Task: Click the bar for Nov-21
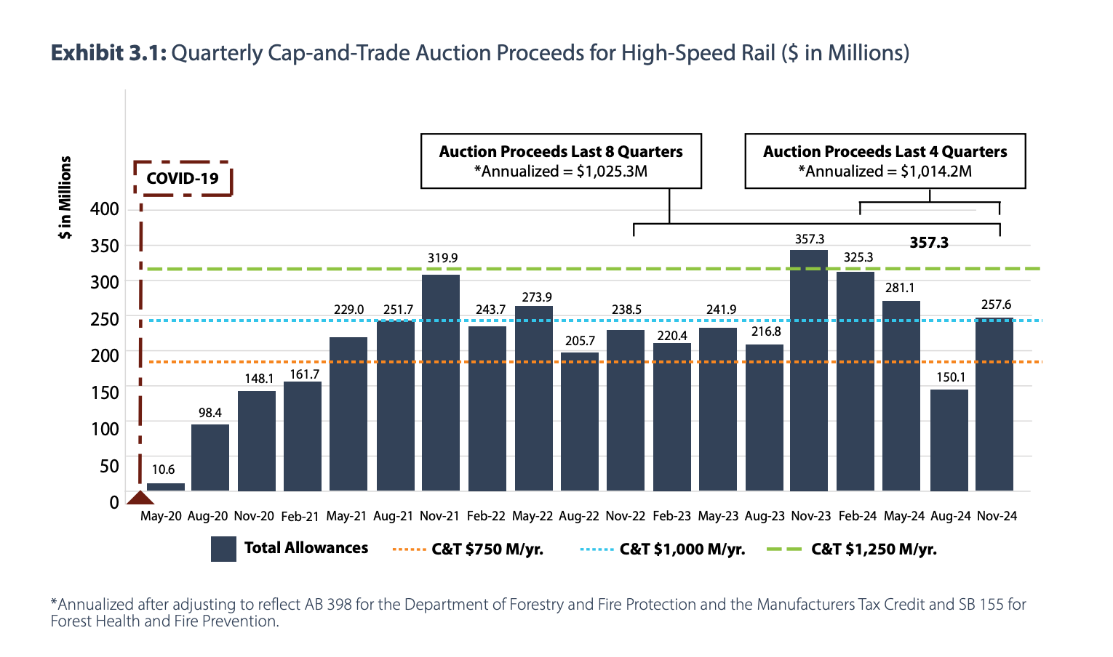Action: [x=441, y=382]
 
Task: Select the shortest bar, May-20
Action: [x=166, y=487]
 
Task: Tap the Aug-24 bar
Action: [x=949, y=440]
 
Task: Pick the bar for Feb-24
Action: [x=855, y=381]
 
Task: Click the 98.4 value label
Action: [x=210, y=413]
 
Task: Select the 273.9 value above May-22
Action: [x=537, y=297]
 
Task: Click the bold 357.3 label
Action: [x=929, y=243]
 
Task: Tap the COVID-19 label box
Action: [x=183, y=179]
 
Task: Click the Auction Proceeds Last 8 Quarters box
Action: [x=561, y=161]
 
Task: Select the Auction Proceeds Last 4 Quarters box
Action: [x=885, y=161]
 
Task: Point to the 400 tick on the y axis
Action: [x=105, y=209]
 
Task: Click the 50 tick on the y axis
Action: [x=109, y=466]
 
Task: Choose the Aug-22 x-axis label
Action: [x=579, y=516]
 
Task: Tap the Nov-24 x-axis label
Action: [x=997, y=516]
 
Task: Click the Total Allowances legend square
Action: [x=223, y=549]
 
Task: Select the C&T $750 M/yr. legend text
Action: [x=487, y=549]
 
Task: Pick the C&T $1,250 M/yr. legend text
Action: [x=874, y=549]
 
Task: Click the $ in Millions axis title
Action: [x=65, y=198]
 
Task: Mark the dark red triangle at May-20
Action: [x=140, y=498]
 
